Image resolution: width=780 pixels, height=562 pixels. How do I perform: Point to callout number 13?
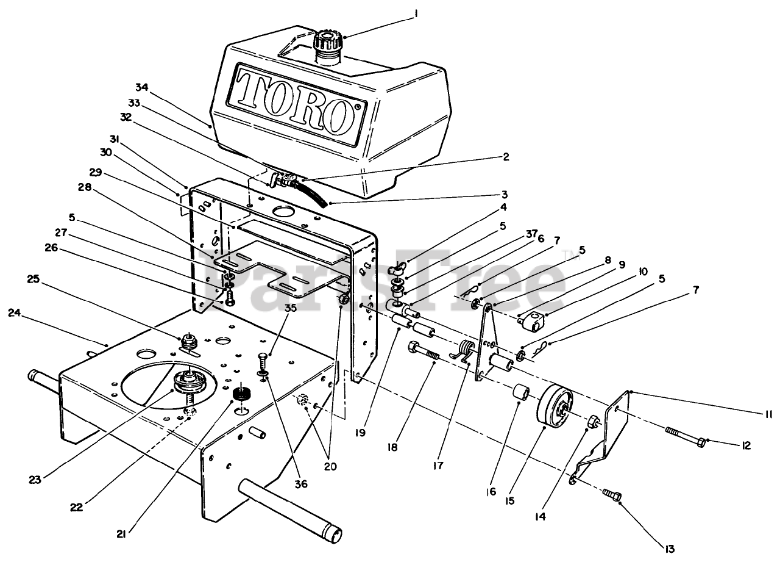tap(670, 549)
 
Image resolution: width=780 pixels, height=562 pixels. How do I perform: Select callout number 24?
tap(14, 313)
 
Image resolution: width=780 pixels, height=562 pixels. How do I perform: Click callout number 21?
tap(122, 534)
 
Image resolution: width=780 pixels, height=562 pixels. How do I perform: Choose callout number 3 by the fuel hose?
tap(504, 195)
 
